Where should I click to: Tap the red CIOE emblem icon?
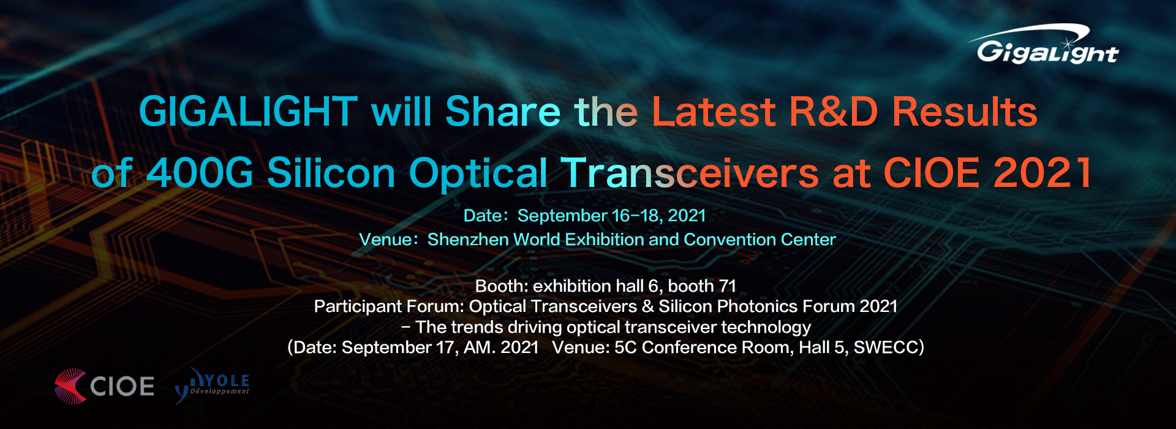[70, 386]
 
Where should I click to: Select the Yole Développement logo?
[212, 385]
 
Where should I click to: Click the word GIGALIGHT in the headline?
[248, 112]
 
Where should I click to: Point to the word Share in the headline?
[503, 112]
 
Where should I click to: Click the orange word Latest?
[714, 112]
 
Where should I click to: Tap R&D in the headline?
[834, 112]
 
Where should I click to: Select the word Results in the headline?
[965, 112]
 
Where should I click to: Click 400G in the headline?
[200, 172]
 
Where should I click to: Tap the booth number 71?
[727, 286]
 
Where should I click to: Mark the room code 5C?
[625, 347]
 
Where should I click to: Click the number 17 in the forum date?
[445, 347]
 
